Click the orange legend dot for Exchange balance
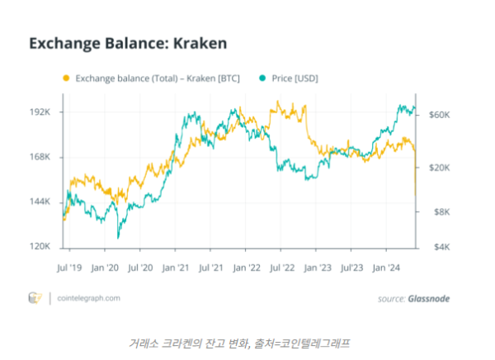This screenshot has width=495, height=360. coord(66,78)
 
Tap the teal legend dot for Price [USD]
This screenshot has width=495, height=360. coord(262,78)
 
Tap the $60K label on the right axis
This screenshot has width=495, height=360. coord(439,115)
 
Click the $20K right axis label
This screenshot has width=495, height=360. coord(439,168)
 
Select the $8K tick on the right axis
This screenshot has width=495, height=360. coord(437,212)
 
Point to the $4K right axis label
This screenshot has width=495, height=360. coord(437,247)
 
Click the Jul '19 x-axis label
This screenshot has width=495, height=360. coord(69,268)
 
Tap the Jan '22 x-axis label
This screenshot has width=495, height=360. coord(247,268)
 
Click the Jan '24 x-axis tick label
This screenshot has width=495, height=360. coord(388,268)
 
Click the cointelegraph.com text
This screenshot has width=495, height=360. coord(90,298)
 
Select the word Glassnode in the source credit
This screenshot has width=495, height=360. coord(429,298)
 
